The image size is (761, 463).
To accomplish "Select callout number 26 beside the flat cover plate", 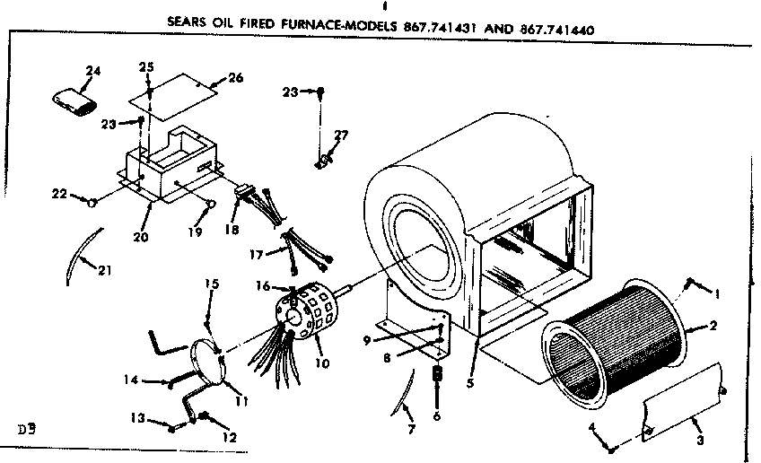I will [x=235, y=78].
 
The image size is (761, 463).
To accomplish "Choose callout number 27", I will [x=340, y=136].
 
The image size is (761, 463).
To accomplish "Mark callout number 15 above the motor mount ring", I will [x=212, y=285].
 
